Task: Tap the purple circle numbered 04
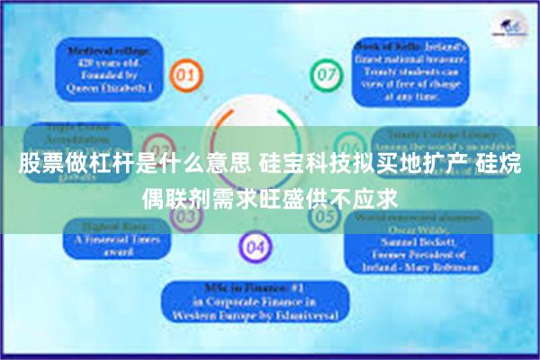tap(256, 246)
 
